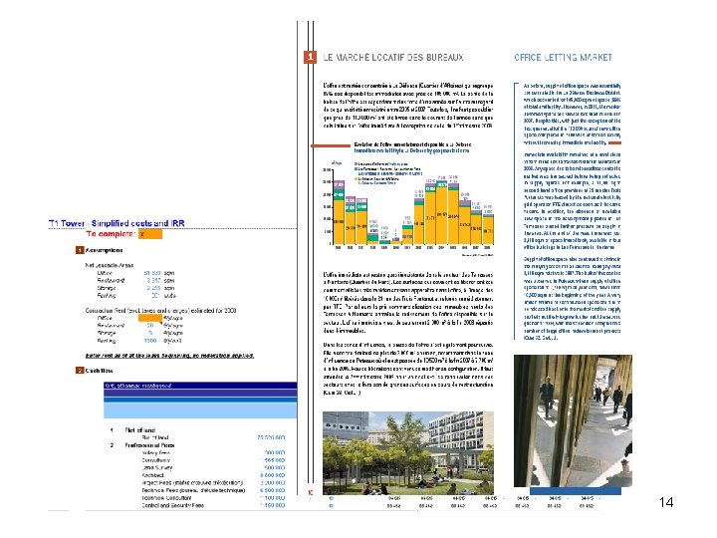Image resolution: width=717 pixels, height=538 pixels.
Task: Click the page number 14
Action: (667, 502)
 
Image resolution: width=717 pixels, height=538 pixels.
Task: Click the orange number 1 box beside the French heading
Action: (310, 58)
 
